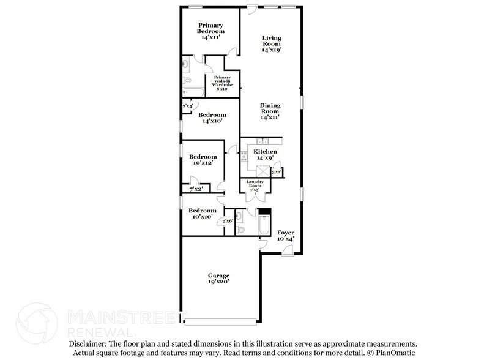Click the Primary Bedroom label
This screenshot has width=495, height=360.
pos(210,31)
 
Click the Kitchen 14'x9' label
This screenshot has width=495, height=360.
pos(266,154)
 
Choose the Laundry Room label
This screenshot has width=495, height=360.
pos(255,186)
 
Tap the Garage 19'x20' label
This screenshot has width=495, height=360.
pos(218,279)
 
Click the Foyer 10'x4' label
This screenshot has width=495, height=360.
pos(286,236)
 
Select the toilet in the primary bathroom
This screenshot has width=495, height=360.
pos(187,80)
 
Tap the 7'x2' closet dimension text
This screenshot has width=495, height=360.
pos(196,189)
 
